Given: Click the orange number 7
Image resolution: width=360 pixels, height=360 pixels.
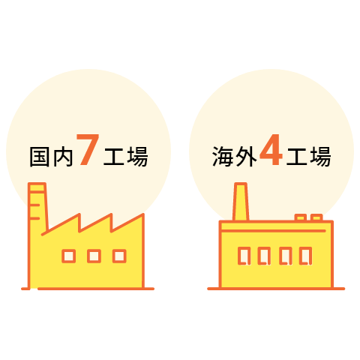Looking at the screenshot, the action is tap(88, 149).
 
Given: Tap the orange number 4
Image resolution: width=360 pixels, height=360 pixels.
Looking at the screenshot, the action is tap(271, 149).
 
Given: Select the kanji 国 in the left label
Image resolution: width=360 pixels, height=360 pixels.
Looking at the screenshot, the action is tap(39, 157).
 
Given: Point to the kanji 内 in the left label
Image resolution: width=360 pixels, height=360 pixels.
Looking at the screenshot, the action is tap(63, 157).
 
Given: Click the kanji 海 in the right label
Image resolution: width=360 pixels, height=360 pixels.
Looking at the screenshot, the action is tap(222, 157).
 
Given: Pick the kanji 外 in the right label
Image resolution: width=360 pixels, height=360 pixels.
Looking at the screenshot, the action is tap(246, 157).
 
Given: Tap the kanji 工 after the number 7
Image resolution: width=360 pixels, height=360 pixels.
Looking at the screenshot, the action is tap(114, 157).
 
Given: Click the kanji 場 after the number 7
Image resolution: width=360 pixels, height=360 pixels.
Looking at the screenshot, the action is tap(137, 157).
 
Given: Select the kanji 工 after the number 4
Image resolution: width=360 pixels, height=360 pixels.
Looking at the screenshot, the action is tap(296, 157).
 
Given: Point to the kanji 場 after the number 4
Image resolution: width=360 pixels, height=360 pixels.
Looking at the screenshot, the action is tap(320, 157).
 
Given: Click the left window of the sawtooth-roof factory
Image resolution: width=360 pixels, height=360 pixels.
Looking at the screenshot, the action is tap(69, 256).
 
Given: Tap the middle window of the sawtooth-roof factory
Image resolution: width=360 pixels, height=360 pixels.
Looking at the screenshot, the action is tap(94, 256).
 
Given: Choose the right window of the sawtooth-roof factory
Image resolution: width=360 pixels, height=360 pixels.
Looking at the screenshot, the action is tap(119, 256).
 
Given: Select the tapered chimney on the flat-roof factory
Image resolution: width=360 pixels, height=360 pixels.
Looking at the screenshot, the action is tap(241, 202).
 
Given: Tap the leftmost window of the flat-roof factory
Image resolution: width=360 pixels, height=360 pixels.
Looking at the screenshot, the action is tap(244, 256).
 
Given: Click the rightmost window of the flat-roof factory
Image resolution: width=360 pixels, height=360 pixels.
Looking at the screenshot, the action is tap(306, 256).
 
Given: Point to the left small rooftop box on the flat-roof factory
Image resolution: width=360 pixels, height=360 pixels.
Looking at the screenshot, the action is tap(301, 217).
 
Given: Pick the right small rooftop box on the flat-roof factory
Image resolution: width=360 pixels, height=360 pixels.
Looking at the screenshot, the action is tap(316, 217).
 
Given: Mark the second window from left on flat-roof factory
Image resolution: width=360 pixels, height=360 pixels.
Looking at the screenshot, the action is tap(265, 256).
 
